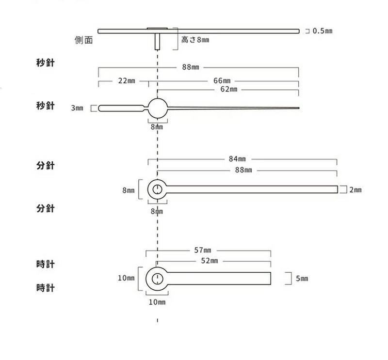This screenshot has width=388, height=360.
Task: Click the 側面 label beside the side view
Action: (x=83, y=40)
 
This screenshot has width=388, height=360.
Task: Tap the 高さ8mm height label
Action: (x=195, y=40)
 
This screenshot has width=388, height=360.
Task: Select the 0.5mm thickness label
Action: (x=323, y=31)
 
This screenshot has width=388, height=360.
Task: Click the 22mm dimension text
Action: (x=127, y=80)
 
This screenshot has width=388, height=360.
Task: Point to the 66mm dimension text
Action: (x=222, y=80)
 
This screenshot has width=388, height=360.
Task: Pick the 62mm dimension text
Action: (x=228, y=89)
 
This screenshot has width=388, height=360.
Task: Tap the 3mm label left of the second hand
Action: (x=77, y=108)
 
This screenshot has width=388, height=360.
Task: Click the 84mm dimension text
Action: (x=237, y=159)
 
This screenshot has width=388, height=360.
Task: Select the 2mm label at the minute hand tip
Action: (x=356, y=190)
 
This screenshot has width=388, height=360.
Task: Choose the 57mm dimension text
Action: (x=202, y=250)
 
